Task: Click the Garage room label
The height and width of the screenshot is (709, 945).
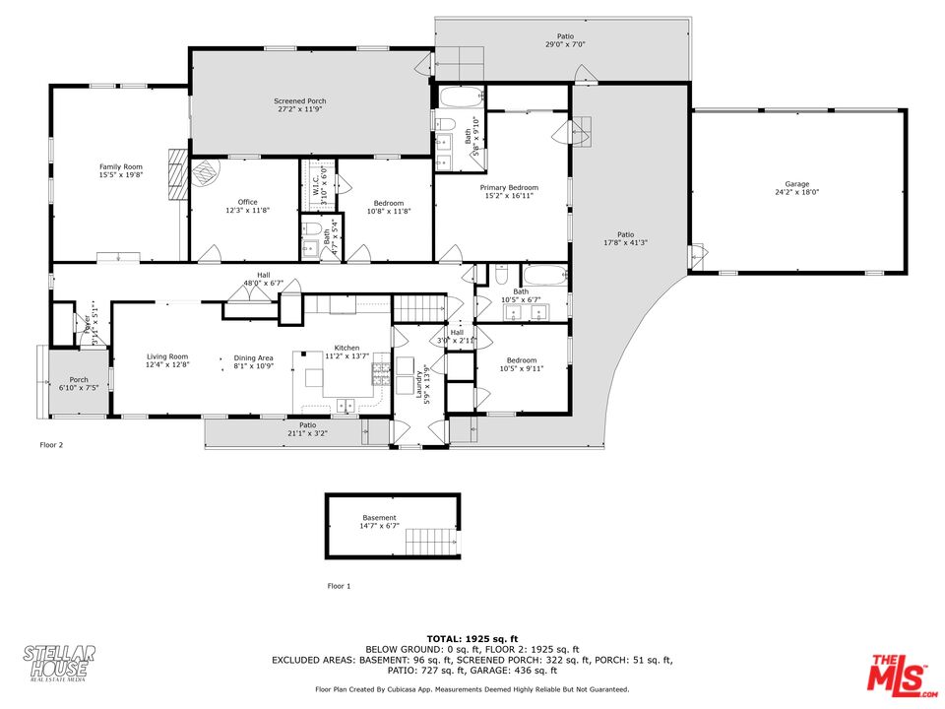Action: (796, 184)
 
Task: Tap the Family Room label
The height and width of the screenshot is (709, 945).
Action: (120, 167)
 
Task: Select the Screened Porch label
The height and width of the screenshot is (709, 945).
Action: (299, 101)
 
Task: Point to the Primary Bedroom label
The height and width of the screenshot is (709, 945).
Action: (509, 187)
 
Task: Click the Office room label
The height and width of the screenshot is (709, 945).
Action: (247, 203)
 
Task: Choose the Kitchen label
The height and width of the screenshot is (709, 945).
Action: (346, 349)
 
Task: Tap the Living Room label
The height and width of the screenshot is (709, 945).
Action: (167, 356)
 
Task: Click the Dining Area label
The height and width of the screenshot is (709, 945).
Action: (253, 357)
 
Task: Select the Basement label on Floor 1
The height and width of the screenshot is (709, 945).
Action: (379, 518)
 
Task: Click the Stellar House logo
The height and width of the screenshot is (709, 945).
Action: (60, 664)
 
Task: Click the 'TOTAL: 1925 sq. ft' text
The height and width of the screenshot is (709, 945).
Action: (472, 639)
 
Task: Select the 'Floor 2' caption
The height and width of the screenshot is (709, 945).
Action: (51, 445)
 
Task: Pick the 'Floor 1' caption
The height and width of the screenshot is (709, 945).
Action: (339, 586)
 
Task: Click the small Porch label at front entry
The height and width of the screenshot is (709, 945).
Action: (78, 380)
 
